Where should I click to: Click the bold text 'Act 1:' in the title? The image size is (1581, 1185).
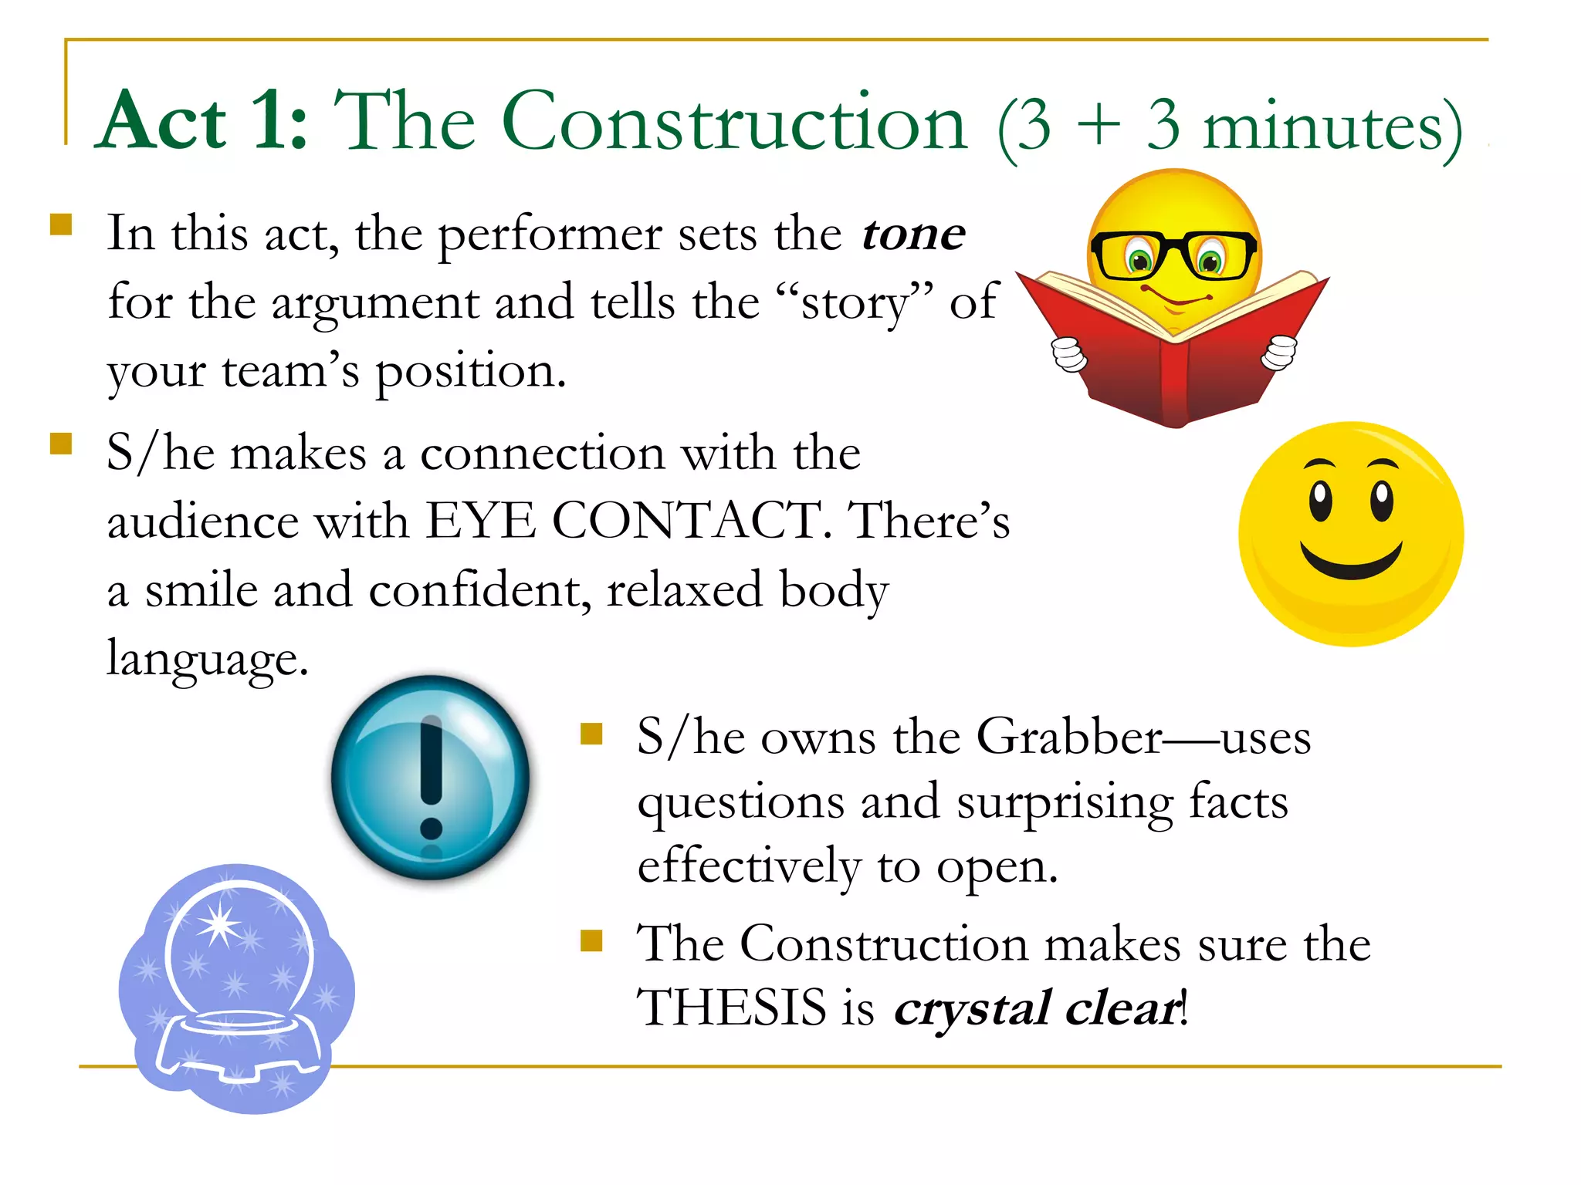pyautogui.click(x=205, y=122)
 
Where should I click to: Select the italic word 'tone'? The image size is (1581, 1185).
pyautogui.click(x=913, y=234)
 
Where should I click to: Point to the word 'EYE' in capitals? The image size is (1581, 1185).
pyautogui.click(x=480, y=521)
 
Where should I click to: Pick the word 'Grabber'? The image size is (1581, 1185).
pyautogui.click(x=1068, y=737)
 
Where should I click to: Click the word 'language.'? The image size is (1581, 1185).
pyautogui.click(x=208, y=658)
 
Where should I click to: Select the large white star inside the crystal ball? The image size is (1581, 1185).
pyautogui.click(x=219, y=923)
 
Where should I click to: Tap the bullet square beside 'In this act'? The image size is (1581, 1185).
pyautogui.click(x=61, y=225)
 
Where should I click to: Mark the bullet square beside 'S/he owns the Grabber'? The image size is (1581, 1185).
pyautogui.click(x=591, y=734)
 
